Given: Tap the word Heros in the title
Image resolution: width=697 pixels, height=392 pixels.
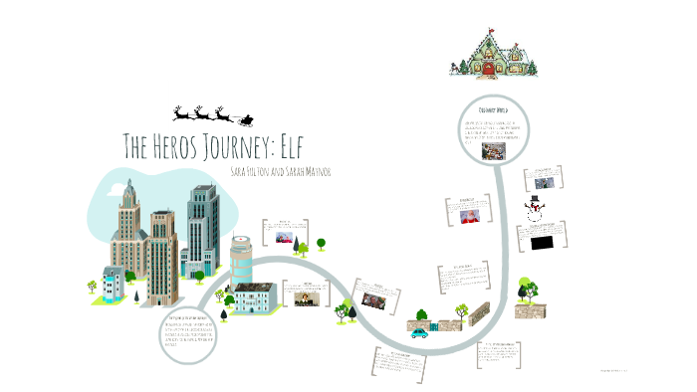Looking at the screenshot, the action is pos(177,146).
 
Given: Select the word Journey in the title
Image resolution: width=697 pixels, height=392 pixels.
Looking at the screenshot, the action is pos(231,146).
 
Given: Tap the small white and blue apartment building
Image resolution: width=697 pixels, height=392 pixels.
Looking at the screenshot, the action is pos(116,286).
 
